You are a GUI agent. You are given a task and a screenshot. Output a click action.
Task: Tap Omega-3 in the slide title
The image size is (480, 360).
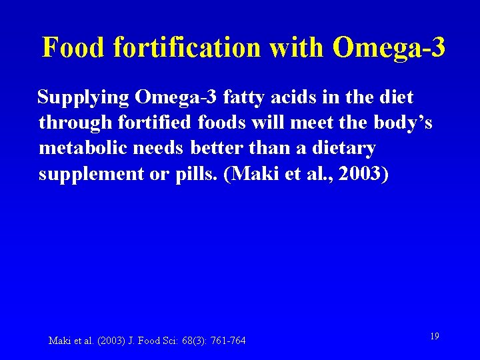(x=388, y=48)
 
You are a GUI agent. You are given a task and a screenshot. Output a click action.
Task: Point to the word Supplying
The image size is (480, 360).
(x=83, y=98)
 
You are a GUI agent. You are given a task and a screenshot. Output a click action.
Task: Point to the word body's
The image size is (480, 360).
(x=397, y=123)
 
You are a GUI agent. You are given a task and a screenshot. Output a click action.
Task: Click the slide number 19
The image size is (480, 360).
(x=434, y=337)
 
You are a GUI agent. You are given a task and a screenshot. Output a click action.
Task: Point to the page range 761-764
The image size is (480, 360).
(x=228, y=341)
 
